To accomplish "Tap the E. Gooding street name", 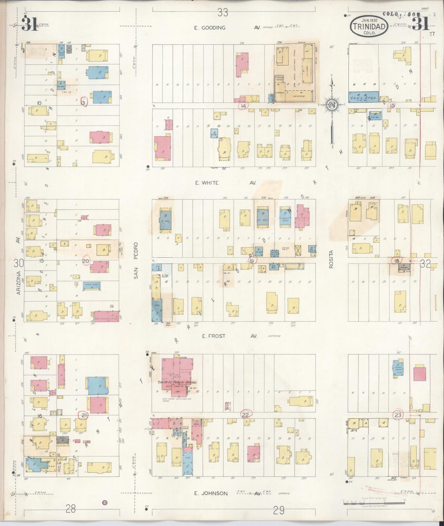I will coord(210,28).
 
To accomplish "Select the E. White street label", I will coord(206,183).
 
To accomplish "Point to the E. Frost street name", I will coord(214,336).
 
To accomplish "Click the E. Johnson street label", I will coord(211,493).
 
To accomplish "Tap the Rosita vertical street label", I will coord(331,259).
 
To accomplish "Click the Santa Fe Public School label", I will coord(177,382).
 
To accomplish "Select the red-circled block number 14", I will coord(244,106).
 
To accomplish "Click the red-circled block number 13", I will coord(83,102).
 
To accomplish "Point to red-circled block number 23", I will coord(398,415).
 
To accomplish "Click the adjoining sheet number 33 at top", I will coord(223,13).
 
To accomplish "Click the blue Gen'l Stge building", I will coord(363,97).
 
